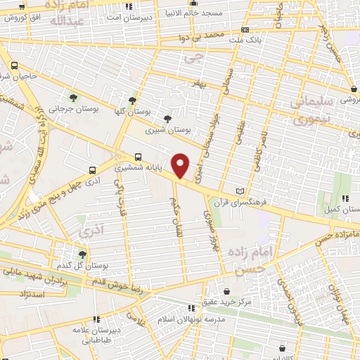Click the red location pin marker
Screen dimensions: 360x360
181,165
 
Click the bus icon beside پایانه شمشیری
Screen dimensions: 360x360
137,157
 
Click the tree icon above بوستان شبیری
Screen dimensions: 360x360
167,119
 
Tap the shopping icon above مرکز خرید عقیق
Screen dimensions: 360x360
226,290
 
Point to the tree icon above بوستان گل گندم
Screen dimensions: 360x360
83,255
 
